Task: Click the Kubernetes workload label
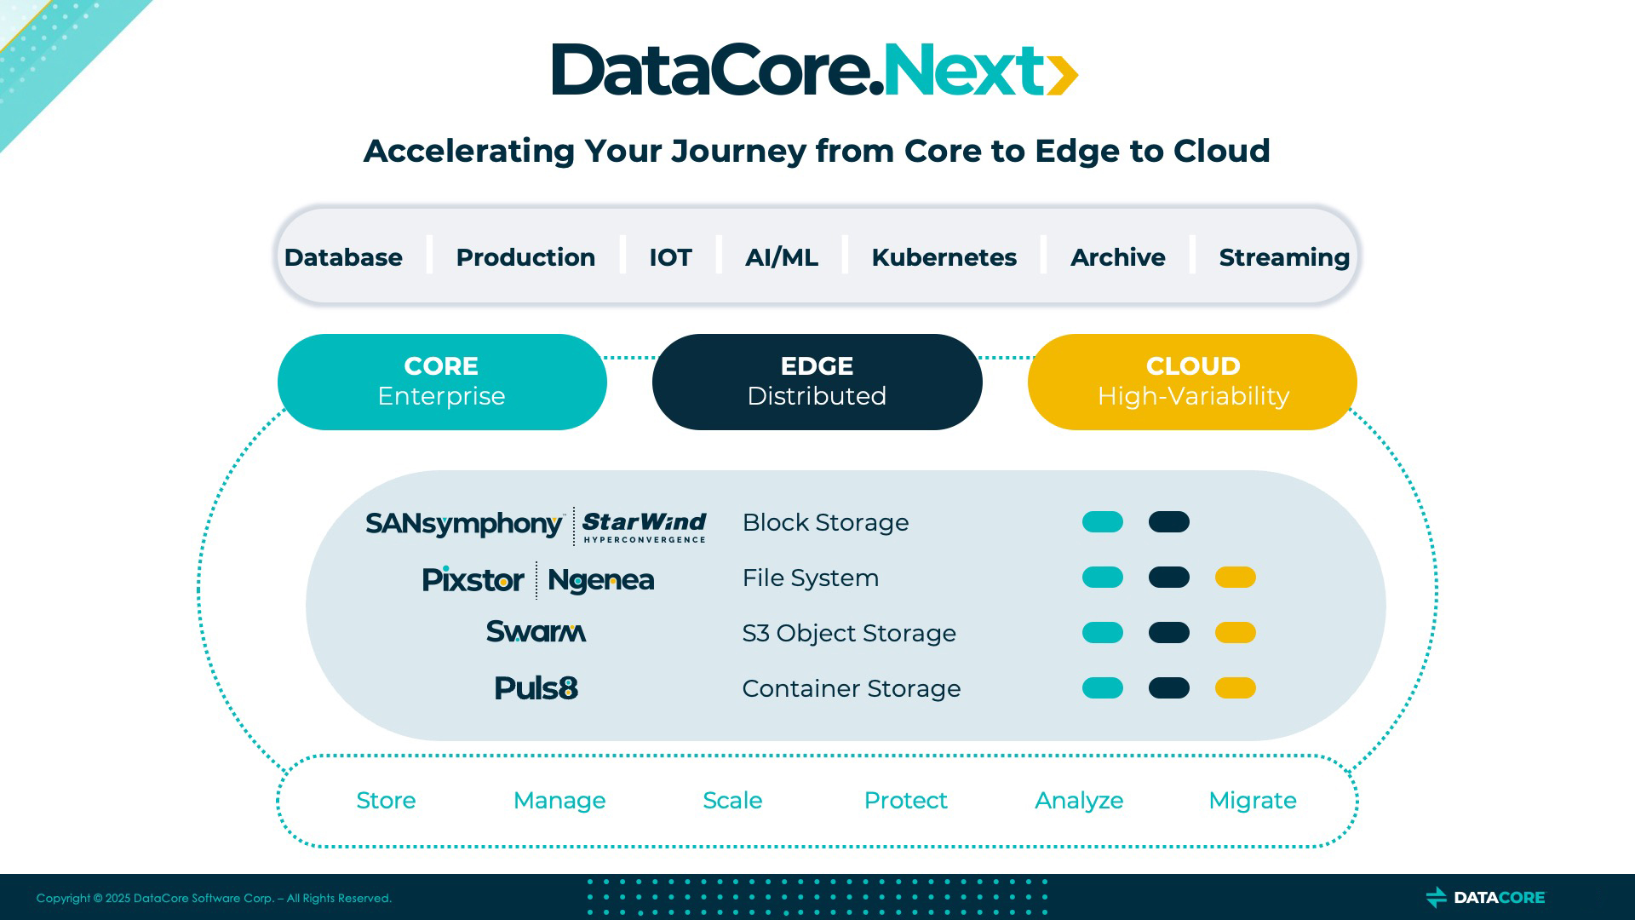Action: point(944,257)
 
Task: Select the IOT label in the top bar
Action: point(670,257)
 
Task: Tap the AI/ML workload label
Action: point(782,257)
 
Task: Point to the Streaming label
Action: point(1284,257)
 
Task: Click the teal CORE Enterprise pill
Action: point(442,382)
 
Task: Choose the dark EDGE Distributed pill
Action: point(817,382)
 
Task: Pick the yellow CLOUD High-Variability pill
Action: point(1192,382)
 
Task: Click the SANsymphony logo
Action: point(465,524)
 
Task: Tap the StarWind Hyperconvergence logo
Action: point(645,526)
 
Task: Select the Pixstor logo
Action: point(473,579)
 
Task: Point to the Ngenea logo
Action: point(601,580)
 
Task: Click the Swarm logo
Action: point(536,631)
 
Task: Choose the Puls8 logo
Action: point(536,687)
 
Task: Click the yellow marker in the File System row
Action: point(1236,578)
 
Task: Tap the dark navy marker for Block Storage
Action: point(1169,522)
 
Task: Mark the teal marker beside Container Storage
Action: point(1103,688)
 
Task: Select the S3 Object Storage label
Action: point(849,633)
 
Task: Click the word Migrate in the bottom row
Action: point(1253,801)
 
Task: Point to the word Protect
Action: point(906,801)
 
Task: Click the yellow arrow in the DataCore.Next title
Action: point(1062,75)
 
